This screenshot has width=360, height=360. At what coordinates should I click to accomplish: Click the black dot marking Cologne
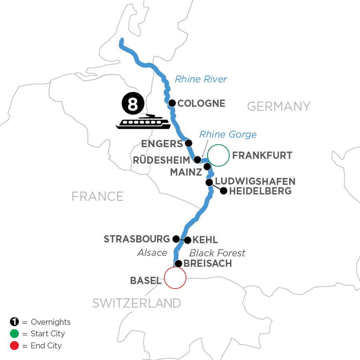click(x=172, y=103)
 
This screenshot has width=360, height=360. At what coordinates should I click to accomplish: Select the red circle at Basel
click(x=175, y=277)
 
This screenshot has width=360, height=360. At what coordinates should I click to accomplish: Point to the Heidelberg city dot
click(x=224, y=191)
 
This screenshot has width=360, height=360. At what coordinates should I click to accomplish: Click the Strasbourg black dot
click(x=176, y=239)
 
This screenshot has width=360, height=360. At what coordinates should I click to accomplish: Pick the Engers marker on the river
click(x=189, y=143)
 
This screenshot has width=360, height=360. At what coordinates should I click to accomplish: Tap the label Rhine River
click(x=201, y=79)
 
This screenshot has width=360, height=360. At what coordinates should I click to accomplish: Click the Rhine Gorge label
click(x=228, y=134)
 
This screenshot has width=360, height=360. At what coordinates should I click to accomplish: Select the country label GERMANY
click(x=279, y=106)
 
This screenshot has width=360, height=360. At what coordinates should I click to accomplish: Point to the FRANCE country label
click(x=97, y=196)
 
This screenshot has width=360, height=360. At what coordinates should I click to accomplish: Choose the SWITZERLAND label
click(x=136, y=303)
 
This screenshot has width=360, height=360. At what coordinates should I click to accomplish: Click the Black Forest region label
click(x=217, y=253)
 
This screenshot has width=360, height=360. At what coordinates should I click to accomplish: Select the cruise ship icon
click(x=143, y=122)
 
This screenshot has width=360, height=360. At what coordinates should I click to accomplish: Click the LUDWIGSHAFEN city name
click(x=255, y=182)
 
